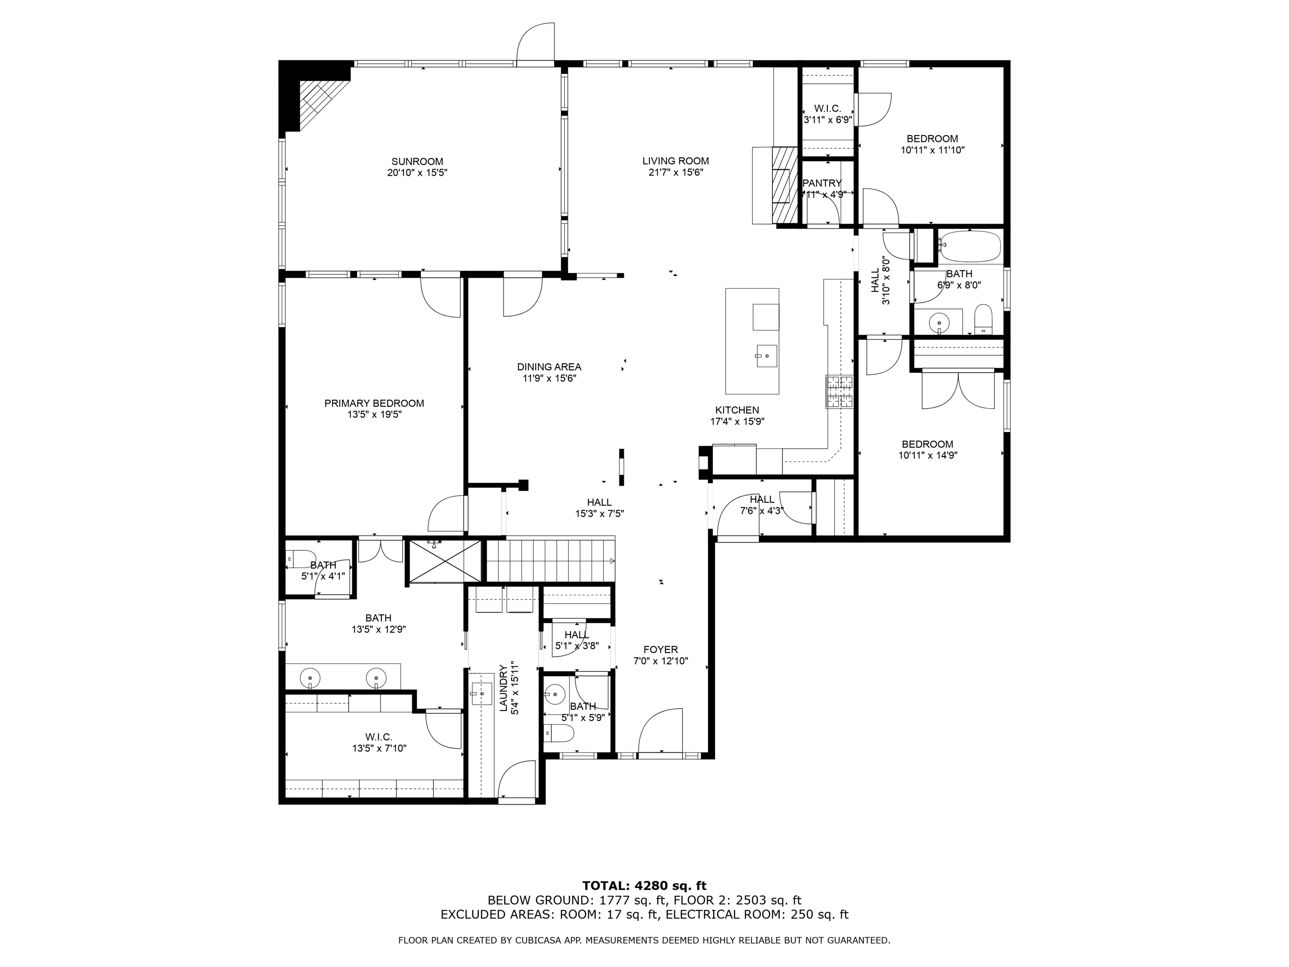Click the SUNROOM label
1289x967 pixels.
[x=417, y=162]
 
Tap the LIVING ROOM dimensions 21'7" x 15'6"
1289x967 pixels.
[x=676, y=172]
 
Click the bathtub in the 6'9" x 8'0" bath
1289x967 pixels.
[x=970, y=246]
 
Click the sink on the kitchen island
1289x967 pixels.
[x=766, y=355]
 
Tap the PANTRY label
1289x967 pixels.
[x=822, y=183]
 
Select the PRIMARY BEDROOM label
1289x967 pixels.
[x=374, y=403]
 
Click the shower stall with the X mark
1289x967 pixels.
[x=445, y=561]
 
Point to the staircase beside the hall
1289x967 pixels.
[x=550, y=560]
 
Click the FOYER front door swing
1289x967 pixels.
[x=660, y=732]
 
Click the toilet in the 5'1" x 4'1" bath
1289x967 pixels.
[x=301, y=558]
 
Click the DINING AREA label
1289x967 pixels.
[x=549, y=367]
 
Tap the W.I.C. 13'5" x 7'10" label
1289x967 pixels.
[x=379, y=742]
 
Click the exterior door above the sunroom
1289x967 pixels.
[x=535, y=42]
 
